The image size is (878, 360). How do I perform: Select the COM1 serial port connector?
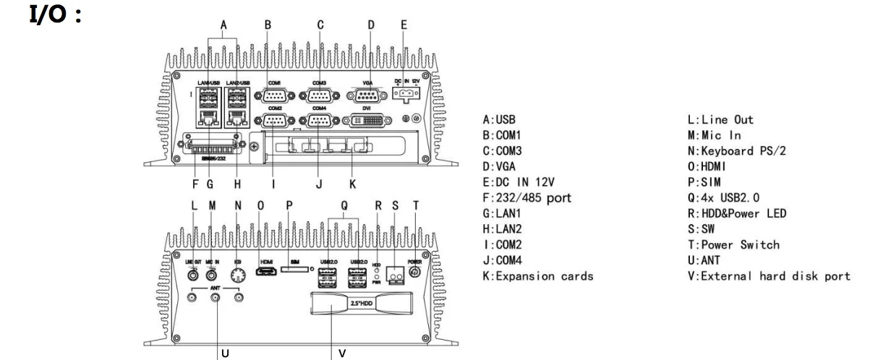point(274,95)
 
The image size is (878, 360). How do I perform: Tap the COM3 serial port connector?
point(319,95)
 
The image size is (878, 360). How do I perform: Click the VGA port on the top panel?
point(367,95)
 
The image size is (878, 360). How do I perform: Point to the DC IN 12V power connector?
point(406,94)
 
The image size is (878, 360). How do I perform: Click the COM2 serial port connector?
point(274,121)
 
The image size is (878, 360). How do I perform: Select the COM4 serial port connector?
point(319,121)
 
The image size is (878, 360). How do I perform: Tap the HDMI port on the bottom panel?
point(266,273)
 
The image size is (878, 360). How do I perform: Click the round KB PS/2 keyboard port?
point(238,274)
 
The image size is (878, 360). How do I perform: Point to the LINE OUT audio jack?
point(194,273)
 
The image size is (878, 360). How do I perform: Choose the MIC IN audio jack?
point(213,273)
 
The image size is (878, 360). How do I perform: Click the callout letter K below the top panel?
point(351,184)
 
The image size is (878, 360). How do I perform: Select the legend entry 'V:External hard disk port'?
point(767,277)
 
